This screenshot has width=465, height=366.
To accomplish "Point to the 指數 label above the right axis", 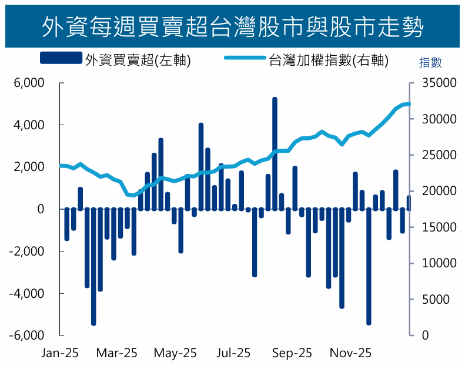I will coord(430,62).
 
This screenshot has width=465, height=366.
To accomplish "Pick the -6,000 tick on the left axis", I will coord(27,335).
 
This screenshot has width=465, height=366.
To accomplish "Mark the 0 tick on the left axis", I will coord(41,209).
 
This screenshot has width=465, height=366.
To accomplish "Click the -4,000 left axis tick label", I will coord(27,293).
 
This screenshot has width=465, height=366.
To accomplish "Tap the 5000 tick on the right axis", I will coord(436,299).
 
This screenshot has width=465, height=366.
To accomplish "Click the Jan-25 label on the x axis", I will coord(59,353).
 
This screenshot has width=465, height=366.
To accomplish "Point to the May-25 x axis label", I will coord(175,353).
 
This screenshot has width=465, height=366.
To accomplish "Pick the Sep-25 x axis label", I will coord(292,353).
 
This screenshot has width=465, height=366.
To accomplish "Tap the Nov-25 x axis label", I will coord(350,353).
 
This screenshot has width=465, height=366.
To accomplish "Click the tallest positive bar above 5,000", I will coord(275,153).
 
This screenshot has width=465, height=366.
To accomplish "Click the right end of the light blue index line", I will coord(409,104).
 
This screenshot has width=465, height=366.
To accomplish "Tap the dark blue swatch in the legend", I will coord(61,58).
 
